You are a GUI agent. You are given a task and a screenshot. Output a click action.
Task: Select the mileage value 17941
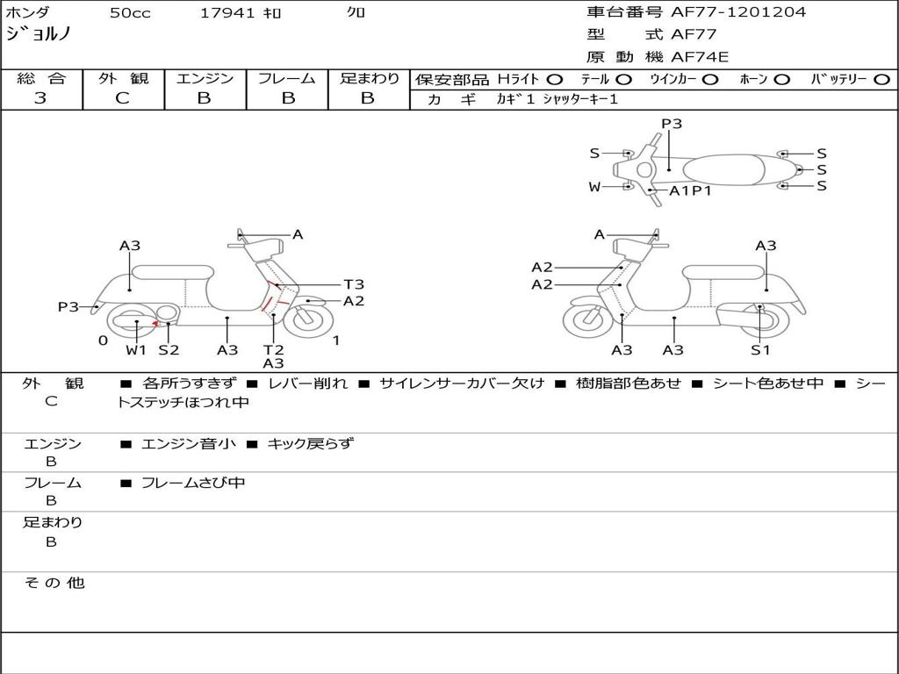tap(227, 13)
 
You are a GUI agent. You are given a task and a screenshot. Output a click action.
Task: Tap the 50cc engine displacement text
tap(130, 13)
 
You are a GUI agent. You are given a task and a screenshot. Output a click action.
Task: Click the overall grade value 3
tap(40, 98)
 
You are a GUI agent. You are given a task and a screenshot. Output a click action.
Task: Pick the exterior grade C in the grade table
tap(123, 98)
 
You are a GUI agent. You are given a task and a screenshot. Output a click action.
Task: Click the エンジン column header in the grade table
tap(205, 78)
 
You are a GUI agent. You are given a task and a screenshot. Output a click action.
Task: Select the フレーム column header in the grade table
tap(286, 78)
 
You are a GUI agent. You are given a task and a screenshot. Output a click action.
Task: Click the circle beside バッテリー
tap(881, 79)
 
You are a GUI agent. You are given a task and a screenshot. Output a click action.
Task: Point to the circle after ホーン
tap(782, 79)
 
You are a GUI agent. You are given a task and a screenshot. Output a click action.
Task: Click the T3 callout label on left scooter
tap(354, 284)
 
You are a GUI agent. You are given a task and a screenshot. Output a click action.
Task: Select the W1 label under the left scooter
tap(136, 350)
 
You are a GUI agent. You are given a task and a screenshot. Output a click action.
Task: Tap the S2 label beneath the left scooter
tap(169, 350)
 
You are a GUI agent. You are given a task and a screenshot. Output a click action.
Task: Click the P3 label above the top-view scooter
tap(672, 124)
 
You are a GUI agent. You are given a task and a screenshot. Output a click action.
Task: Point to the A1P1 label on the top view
tap(690, 190)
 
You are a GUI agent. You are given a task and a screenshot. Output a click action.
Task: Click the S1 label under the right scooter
tap(760, 350)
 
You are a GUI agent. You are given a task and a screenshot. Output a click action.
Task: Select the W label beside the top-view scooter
tap(594, 187)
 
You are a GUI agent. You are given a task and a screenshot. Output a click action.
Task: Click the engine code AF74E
tap(700, 57)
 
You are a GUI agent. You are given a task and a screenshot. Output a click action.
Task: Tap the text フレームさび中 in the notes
tap(193, 483)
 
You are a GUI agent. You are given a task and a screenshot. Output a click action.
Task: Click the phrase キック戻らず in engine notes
tap(310, 444)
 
